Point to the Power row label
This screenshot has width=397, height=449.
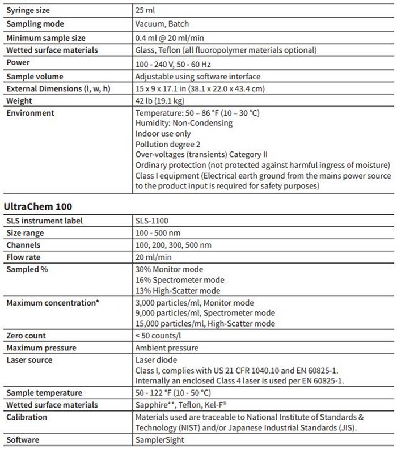click(18, 63)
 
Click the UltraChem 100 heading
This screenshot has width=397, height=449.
click(37, 206)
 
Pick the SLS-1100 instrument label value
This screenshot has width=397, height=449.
click(153, 221)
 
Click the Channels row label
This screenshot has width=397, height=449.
click(24, 245)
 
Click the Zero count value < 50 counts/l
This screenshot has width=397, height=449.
click(162, 336)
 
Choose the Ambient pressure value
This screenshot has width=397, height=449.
click(167, 348)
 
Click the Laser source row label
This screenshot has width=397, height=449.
click(29, 359)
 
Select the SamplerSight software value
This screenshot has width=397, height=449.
click(161, 440)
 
